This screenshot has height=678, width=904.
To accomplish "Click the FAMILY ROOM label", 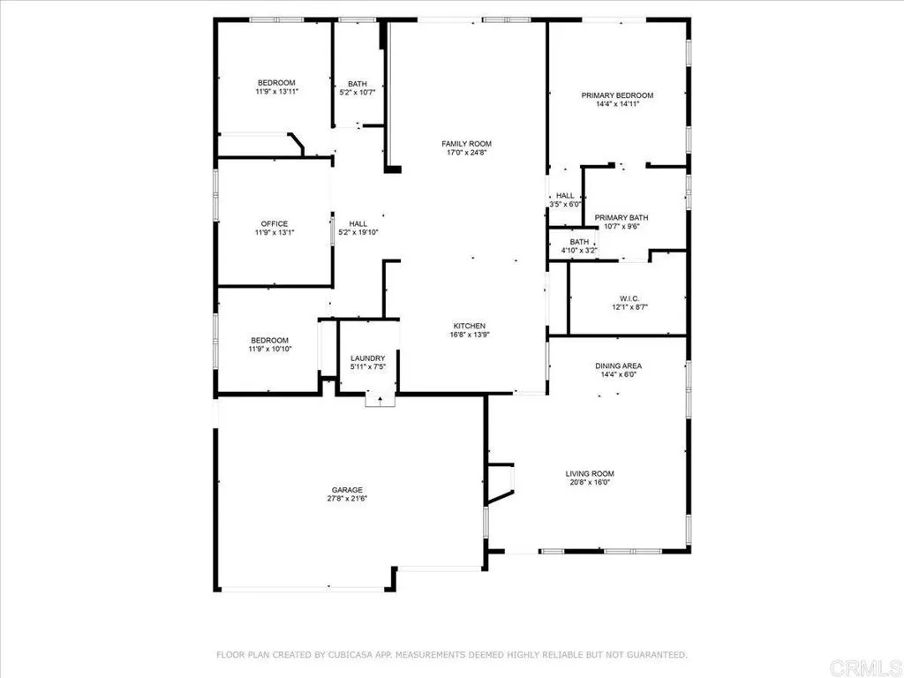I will pos(467,144).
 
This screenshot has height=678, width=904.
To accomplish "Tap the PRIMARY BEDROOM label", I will pos(616,95).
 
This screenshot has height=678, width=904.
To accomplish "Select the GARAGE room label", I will pos(347,490).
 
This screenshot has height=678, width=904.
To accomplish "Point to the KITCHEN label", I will pos(470,326).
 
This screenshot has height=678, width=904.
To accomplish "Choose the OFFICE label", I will pos(274,224).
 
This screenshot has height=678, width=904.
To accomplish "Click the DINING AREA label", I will pos(619,365).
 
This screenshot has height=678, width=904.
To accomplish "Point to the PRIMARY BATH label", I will pos(621,217).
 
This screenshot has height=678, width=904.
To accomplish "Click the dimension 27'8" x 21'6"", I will pos(347,499).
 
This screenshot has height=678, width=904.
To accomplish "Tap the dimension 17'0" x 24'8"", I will pos(467,153).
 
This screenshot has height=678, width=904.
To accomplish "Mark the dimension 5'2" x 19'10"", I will pos(358,233).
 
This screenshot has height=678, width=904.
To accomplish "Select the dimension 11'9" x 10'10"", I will pos(268,350).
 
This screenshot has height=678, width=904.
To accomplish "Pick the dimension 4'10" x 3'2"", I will pos(580,251).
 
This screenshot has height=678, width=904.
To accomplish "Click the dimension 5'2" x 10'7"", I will pos(358,92).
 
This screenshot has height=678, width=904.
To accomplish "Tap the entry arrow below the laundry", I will pos(379,400).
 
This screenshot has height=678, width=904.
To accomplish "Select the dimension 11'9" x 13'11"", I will pos(276,91).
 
